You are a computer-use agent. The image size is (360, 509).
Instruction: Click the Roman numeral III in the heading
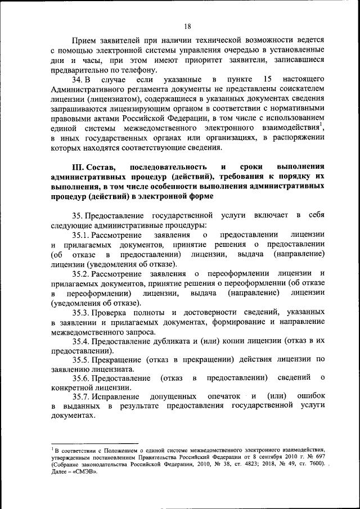click(78, 167)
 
